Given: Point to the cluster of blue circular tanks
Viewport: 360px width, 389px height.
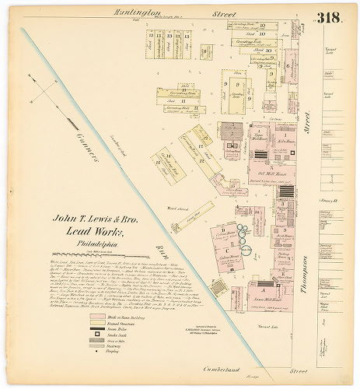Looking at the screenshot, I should coord(246,235).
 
